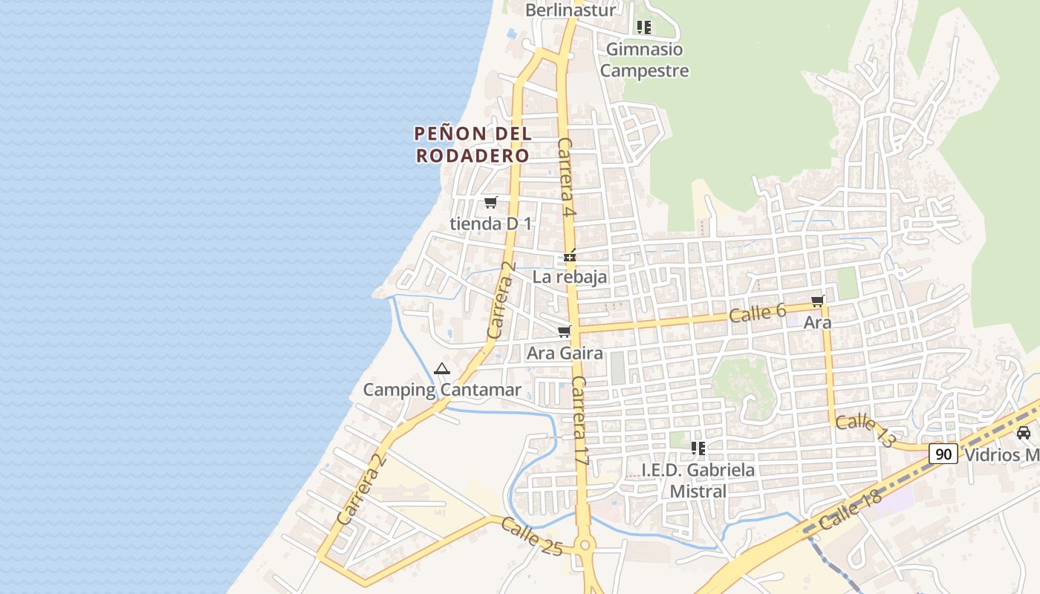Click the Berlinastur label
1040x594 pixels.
click(571, 10)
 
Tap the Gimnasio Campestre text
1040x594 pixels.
click(644, 60)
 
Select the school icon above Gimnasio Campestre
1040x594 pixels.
click(644, 27)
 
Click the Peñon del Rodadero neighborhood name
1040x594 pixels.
click(472, 145)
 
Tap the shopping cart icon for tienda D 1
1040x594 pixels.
click(490, 202)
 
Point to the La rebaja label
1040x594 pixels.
click(570, 277)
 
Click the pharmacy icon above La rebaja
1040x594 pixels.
click(570, 256)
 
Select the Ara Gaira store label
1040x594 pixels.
click(565, 353)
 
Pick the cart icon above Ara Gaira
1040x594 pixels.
click(565, 331)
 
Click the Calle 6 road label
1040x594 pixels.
click(757, 313)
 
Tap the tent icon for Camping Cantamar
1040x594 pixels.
click(442, 368)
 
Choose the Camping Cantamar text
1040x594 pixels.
click(442, 390)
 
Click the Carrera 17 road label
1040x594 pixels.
click(580, 421)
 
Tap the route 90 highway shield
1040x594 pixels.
click(943, 454)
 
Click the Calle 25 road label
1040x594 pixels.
click(532, 536)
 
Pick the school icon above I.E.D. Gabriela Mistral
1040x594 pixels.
click(698, 448)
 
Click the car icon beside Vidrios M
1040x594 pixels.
click(1023, 433)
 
